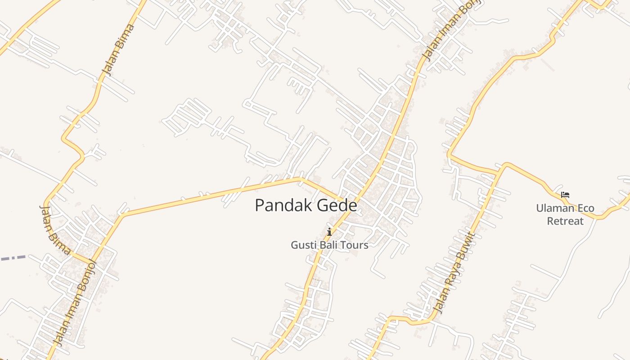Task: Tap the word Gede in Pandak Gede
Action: (x=337, y=206)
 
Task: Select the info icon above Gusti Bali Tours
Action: (x=329, y=232)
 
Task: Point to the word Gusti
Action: (x=302, y=245)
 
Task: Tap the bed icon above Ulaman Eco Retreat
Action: (x=565, y=195)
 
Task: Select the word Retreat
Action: (x=565, y=221)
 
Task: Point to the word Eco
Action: (x=586, y=208)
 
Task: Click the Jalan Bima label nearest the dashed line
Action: (x=54, y=229)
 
